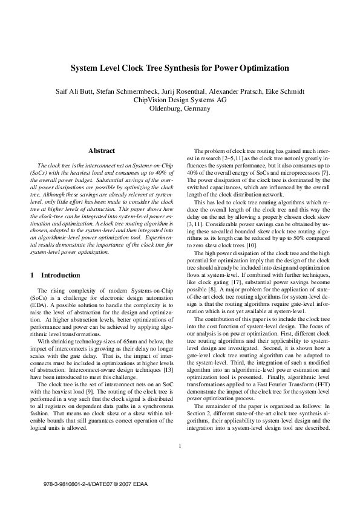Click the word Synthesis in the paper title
point(182,69)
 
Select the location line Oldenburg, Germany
point(180,109)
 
